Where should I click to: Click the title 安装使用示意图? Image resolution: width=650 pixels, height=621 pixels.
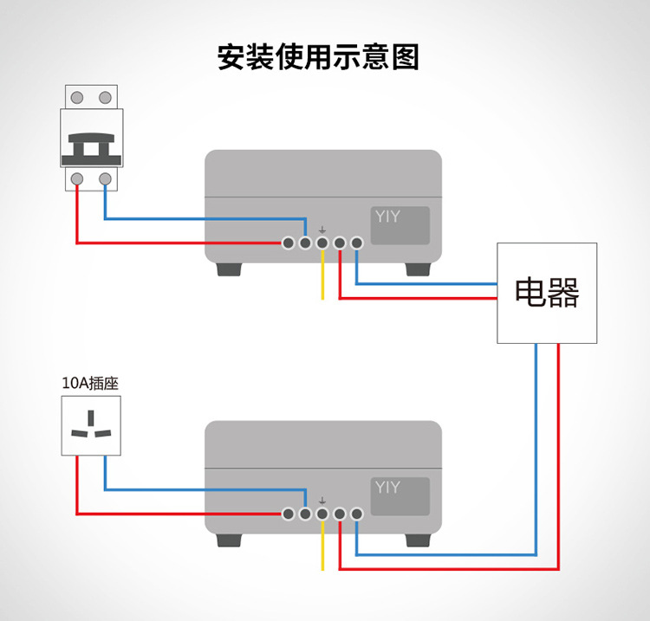pyautogui.click(x=318, y=57)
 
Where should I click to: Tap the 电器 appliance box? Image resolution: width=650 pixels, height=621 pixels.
pyautogui.click(x=547, y=293)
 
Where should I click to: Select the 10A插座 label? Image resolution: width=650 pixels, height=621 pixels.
pyautogui.click(x=90, y=382)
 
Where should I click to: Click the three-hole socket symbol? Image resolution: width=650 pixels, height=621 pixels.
pyautogui.click(x=90, y=425)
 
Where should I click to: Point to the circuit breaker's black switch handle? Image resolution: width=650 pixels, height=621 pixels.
pyautogui.click(x=90, y=147)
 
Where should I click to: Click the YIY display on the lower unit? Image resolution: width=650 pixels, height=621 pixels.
pyautogui.click(x=401, y=496)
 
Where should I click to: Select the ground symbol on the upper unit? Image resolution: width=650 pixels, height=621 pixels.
pyautogui.click(x=322, y=230)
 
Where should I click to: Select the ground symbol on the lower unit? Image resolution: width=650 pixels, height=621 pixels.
pyautogui.click(x=322, y=501)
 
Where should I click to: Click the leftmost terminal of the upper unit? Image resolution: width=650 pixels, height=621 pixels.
pyautogui.click(x=289, y=243)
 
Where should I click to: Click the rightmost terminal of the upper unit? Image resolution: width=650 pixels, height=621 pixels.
pyautogui.click(x=356, y=243)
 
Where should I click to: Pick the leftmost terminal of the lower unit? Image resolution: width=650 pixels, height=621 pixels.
pyautogui.click(x=289, y=514)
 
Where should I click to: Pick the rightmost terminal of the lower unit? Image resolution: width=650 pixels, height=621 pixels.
pyautogui.click(x=356, y=514)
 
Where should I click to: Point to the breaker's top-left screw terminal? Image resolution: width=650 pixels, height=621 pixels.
pyautogui.click(x=77, y=97)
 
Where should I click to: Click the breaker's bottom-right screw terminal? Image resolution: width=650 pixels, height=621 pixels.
pyautogui.click(x=105, y=179)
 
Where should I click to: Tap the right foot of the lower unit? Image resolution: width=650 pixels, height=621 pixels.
pyautogui.click(x=418, y=540)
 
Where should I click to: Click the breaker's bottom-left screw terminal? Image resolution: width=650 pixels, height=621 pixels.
pyautogui.click(x=77, y=179)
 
